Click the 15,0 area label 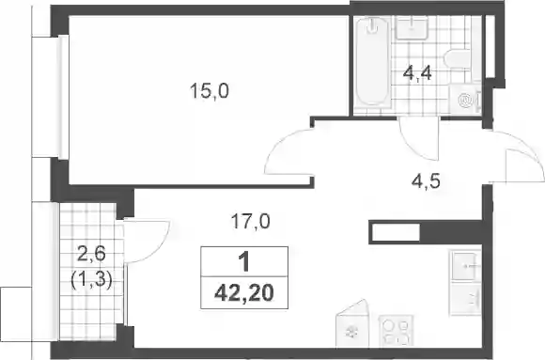[x=210, y=91]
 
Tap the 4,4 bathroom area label [x=417, y=73]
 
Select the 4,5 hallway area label [x=426, y=181]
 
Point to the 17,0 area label [x=251, y=221]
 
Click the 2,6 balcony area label [x=91, y=255]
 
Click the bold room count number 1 [x=244, y=261]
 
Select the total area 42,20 [x=244, y=293]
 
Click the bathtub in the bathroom [x=373, y=61]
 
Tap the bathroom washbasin [x=413, y=28]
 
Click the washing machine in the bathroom [x=465, y=100]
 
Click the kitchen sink [x=466, y=266]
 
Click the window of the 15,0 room [x=63, y=97]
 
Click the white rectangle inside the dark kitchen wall [x=396, y=232]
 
